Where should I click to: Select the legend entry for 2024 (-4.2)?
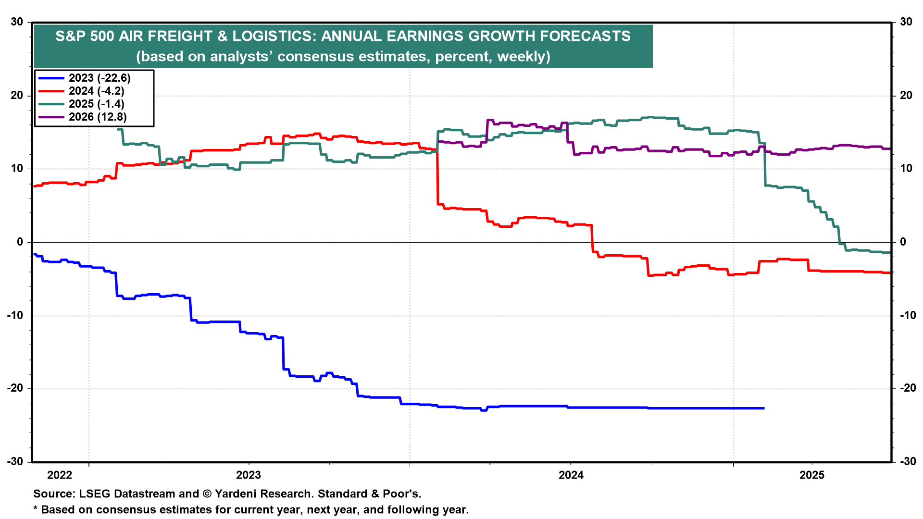(x=96, y=91)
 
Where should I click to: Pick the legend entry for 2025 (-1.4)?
(x=96, y=104)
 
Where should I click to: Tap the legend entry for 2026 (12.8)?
(x=98, y=117)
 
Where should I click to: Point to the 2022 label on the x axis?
(x=60, y=475)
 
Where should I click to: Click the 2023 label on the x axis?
(x=248, y=475)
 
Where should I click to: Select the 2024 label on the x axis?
(x=571, y=475)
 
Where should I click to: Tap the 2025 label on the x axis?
(x=811, y=475)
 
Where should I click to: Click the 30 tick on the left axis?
(x=17, y=22)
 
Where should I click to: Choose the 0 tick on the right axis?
(x=902, y=242)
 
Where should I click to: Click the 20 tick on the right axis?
(x=906, y=96)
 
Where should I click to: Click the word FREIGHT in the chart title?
(x=180, y=37)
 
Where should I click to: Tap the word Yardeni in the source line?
(x=236, y=494)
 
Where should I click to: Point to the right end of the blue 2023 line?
(x=763, y=408)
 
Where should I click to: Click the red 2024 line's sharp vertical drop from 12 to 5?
(x=437, y=178)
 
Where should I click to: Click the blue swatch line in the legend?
(x=51, y=78)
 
